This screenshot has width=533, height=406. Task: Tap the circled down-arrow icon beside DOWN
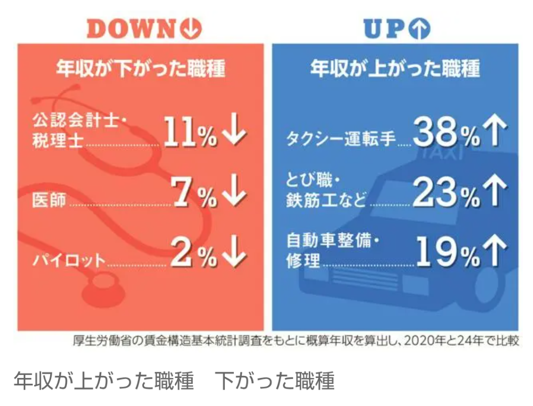click(x=191, y=29)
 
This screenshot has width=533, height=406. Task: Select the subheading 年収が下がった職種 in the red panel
click(x=140, y=69)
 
